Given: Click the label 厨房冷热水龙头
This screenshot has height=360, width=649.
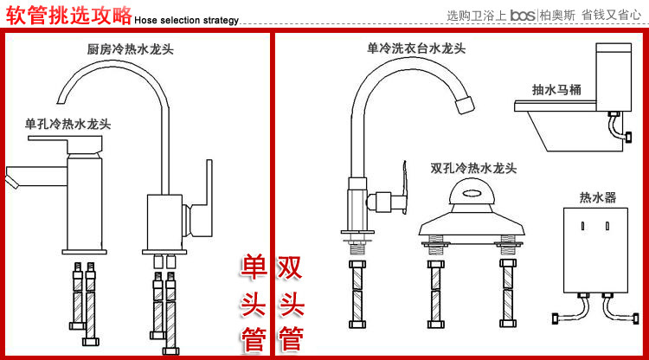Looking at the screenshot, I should point(131,50).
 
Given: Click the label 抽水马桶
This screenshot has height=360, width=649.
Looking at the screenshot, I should point(557,89).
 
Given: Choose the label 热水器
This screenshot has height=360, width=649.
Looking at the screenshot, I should point(598,198).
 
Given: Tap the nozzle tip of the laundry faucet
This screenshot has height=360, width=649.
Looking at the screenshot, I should point(465,106).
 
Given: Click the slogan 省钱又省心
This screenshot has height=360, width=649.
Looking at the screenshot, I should point(610,15).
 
